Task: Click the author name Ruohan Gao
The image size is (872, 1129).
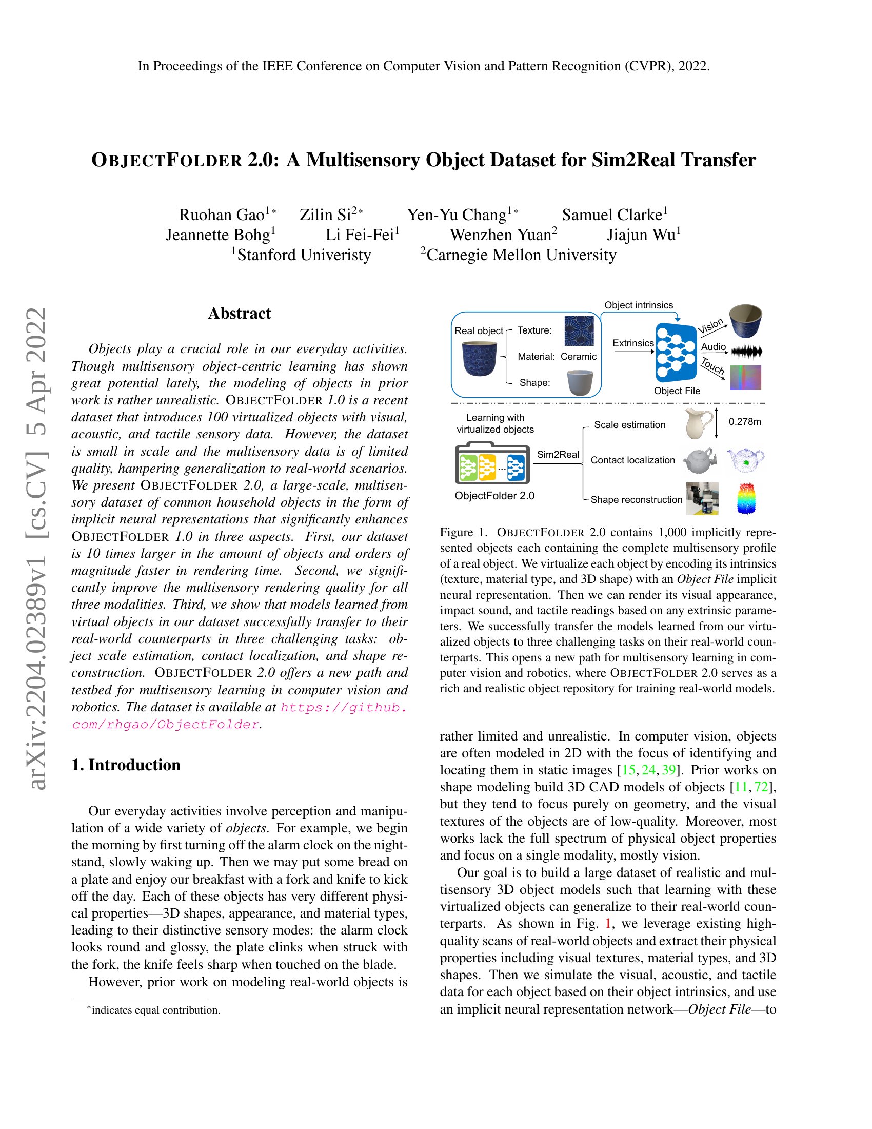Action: [222, 215]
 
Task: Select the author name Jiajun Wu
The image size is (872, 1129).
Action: [641, 235]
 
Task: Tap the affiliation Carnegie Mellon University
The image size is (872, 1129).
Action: [521, 255]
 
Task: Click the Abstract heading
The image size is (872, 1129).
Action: [239, 313]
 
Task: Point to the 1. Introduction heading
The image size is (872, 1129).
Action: [126, 765]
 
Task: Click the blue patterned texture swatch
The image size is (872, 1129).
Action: [579, 331]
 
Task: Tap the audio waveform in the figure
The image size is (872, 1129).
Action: [747, 353]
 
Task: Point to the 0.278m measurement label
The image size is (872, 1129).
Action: [744, 422]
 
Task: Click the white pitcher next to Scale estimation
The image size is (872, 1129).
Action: [697, 423]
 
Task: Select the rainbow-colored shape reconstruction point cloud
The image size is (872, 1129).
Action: [744, 498]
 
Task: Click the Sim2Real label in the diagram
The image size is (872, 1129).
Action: [558, 454]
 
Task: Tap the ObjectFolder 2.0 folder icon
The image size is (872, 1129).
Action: [492, 463]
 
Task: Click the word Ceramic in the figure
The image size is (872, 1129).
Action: [578, 357]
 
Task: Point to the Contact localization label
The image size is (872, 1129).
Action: [632, 460]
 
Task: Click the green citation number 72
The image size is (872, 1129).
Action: [761, 787]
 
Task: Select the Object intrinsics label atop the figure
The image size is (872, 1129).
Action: [639, 305]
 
